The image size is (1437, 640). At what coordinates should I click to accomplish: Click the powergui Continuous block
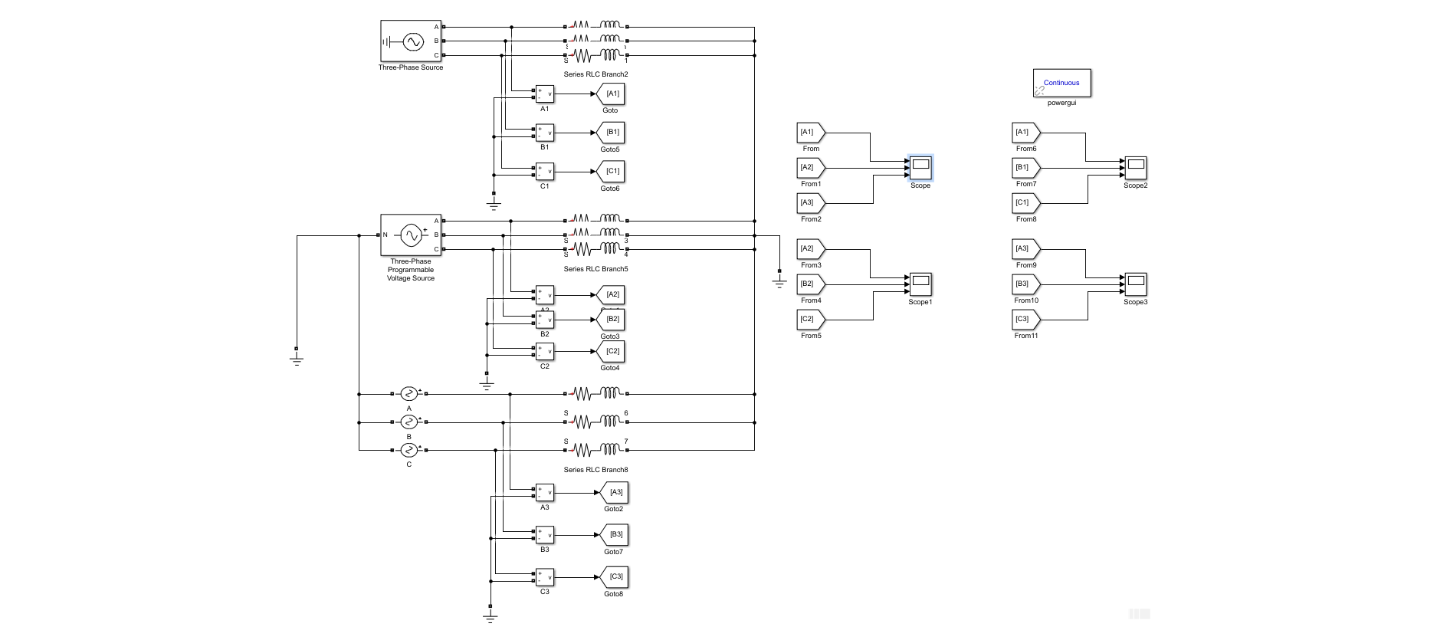[1061, 83]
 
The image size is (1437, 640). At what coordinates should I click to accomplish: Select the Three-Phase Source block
[411, 41]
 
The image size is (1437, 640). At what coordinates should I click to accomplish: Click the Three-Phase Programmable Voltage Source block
[411, 235]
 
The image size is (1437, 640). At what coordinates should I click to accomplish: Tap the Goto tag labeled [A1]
[612, 94]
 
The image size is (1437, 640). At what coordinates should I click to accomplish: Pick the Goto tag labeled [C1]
[612, 172]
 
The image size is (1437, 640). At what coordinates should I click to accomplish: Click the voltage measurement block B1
[544, 133]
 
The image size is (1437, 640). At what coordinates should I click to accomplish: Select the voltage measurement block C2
[544, 352]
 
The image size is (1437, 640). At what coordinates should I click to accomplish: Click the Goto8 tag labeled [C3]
[615, 577]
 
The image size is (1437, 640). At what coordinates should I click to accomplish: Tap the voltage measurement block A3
[544, 493]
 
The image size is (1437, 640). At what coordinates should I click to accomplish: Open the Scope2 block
[1136, 168]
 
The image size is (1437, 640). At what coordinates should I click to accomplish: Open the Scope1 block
[920, 284]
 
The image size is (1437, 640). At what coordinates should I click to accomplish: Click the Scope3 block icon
[1136, 284]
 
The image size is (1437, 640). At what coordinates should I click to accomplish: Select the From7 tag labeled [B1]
[1025, 168]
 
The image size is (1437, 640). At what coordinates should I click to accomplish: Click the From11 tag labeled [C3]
[1025, 320]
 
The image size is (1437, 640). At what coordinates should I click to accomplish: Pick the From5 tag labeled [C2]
[809, 320]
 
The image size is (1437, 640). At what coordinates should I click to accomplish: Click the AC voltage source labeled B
[409, 422]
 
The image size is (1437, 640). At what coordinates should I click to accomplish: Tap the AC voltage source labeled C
[409, 450]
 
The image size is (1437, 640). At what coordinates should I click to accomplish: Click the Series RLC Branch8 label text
[595, 470]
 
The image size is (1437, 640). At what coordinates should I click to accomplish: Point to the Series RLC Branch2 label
[595, 74]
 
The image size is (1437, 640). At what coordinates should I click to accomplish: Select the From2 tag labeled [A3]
[809, 203]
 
